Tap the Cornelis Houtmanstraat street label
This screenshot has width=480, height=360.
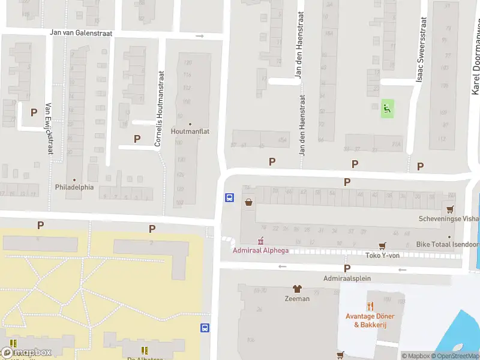pos(159,109)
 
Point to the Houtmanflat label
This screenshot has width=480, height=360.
pos(190,131)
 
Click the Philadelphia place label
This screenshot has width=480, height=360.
pos(74,187)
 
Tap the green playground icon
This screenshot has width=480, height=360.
pos(388,109)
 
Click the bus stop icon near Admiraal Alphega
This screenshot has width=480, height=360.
pos(229,197)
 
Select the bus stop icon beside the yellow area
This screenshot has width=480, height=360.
pos(205,328)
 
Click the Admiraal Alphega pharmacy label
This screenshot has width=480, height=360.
pos(260,250)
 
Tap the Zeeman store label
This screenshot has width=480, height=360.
pos(296,298)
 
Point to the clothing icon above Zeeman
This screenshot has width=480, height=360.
pos(296,289)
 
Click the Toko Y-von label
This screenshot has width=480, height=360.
pos(382,255)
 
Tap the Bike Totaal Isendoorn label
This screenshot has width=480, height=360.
pos(447,245)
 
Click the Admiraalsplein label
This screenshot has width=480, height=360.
pos(347,278)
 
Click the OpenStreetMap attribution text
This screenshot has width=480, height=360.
pos(455,356)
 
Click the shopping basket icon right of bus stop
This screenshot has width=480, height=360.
pos(249,202)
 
